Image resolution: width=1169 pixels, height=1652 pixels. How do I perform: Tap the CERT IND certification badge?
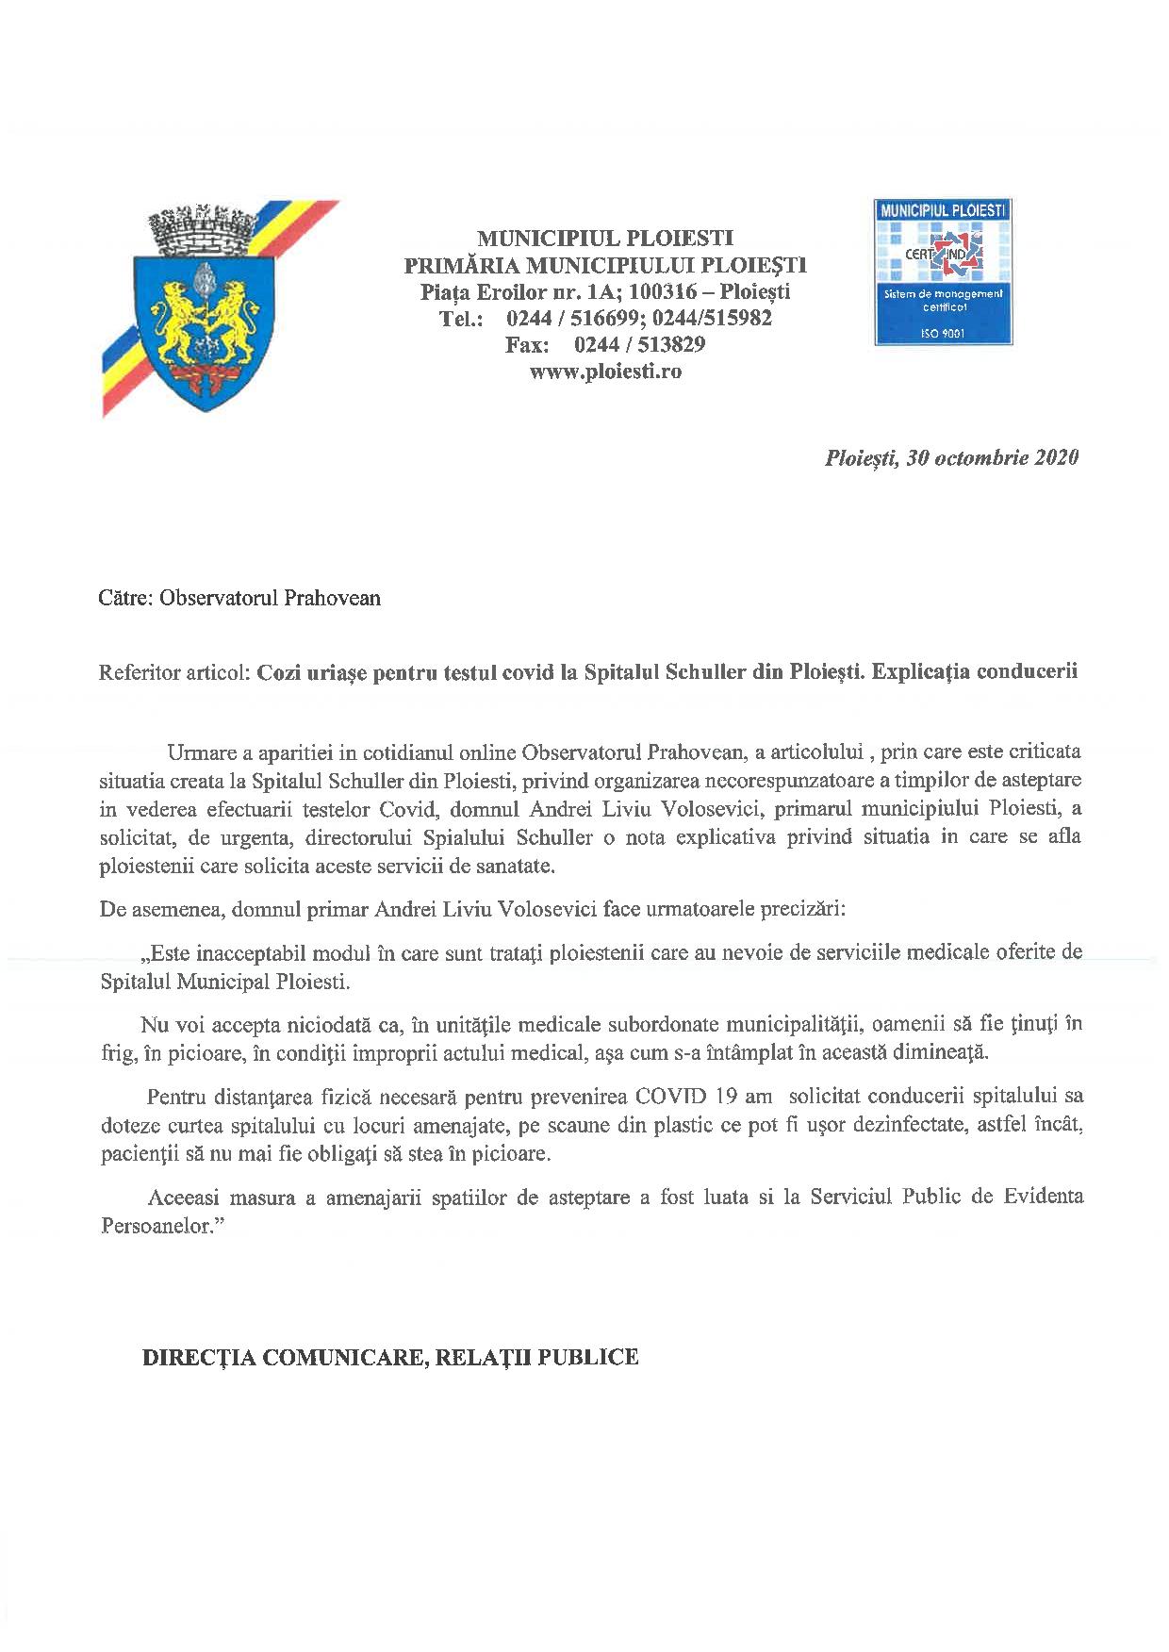(x=942, y=273)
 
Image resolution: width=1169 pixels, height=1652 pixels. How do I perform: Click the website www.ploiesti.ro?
(x=605, y=372)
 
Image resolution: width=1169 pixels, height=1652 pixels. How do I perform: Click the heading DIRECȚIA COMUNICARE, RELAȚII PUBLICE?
(x=389, y=1357)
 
